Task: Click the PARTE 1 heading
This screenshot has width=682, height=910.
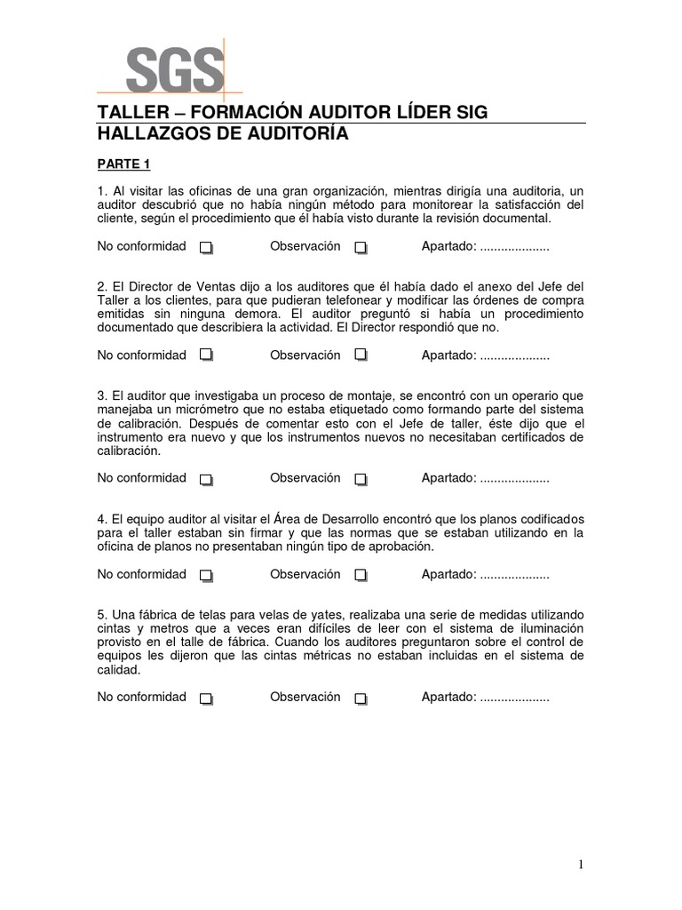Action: [x=125, y=164]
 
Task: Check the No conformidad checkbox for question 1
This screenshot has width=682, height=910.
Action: [x=206, y=248]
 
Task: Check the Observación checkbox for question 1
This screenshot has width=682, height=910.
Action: [x=361, y=248]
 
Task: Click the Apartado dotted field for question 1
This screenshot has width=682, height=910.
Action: [x=514, y=247]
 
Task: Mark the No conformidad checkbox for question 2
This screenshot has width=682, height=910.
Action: [x=206, y=355]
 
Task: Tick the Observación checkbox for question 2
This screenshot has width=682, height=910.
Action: [x=361, y=355]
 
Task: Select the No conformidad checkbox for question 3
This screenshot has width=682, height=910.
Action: [x=206, y=480]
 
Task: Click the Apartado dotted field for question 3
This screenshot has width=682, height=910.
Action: [x=514, y=479]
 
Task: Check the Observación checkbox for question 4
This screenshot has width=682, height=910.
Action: [x=361, y=576]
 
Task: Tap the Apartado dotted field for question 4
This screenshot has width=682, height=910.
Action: [x=514, y=575]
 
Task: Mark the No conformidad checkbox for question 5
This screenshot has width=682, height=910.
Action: [x=206, y=698]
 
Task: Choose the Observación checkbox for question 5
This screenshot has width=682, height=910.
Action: [x=361, y=698]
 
